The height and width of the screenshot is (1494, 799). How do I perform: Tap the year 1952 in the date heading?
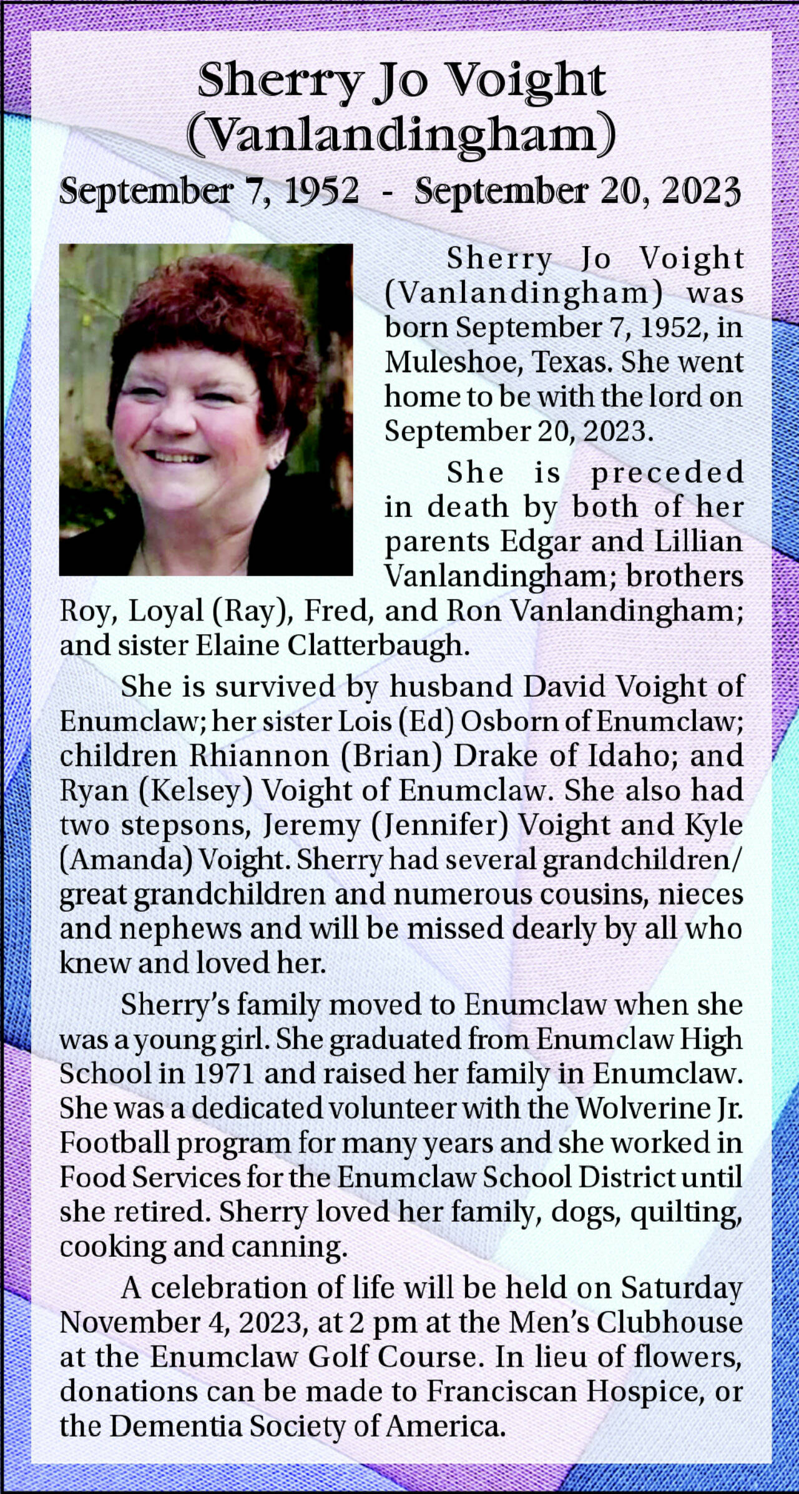321,190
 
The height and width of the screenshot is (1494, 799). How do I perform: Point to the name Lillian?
699,541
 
